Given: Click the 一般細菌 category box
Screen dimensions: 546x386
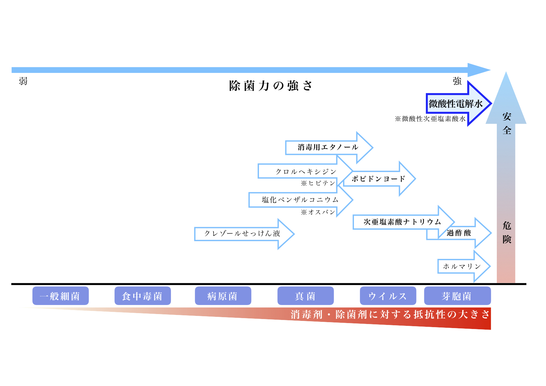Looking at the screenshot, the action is coord(60,296).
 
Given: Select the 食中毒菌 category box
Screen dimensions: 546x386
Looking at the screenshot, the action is coord(143,296).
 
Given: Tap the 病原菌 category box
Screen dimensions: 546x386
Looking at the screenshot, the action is coord(223,296).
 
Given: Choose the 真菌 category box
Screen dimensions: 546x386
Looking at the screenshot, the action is coord(305,296).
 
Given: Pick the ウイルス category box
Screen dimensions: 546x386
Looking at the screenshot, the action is coord(388,296).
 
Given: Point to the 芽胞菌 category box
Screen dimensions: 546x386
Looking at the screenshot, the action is coord(457,296).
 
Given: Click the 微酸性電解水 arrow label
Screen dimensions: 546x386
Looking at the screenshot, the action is coord(455,104).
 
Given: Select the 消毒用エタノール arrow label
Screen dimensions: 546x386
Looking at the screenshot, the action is coord(328,147).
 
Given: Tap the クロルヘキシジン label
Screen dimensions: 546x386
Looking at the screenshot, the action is coord(306,172).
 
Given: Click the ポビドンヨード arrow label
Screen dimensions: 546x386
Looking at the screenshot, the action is coord(379,179).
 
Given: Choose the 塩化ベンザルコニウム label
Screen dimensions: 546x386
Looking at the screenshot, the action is coord(300,200).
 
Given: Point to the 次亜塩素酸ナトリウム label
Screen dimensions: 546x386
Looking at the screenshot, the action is coord(402,222).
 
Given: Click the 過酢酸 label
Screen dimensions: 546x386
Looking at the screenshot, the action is coord(459,233).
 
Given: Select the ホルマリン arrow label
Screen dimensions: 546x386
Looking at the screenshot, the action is coord(462,266).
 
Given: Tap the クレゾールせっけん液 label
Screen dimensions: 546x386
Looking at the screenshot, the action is coord(242,233).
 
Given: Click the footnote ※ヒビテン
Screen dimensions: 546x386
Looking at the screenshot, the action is coord(318,183).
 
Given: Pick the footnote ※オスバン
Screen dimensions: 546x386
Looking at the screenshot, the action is coord(318,212).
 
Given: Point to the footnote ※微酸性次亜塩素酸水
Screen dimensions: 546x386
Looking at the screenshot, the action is coord(430,119).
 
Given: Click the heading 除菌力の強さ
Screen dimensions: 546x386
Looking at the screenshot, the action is coord(271,86).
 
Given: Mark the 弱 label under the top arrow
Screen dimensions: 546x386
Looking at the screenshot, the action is coord(23,81).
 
